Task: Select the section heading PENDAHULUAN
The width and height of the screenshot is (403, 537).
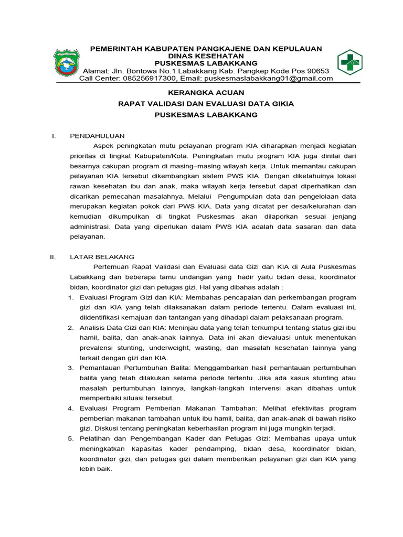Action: coord(97,136)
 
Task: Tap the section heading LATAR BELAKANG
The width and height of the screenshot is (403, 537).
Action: coord(102,257)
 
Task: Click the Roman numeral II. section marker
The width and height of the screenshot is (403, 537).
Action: coord(52,257)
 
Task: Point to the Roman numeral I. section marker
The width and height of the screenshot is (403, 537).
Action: coord(54,136)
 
